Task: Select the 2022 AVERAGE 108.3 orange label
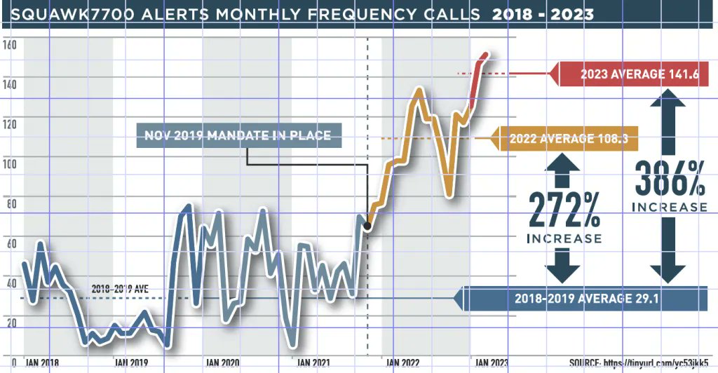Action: click(568, 139)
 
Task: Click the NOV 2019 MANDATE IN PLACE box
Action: click(238, 135)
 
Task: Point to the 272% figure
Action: click(564, 209)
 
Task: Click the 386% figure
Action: click(669, 179)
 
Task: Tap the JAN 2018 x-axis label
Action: click(43, 362)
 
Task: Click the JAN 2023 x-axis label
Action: click(492, 362)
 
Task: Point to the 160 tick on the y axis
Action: click(10, 46)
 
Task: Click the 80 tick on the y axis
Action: click(10, 205)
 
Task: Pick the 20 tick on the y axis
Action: click(10, 323)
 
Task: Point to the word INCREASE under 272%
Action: click(564, 238)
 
